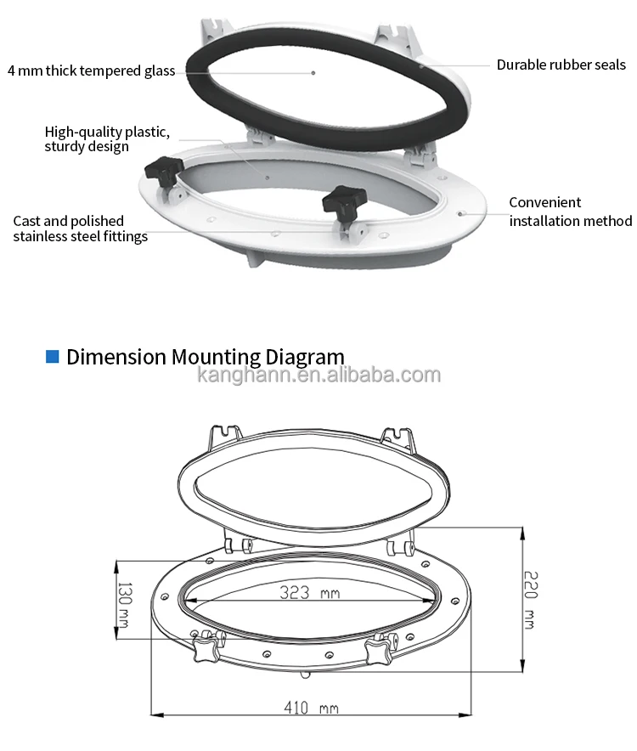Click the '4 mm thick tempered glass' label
pos(91,71)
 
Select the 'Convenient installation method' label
pos(570,212)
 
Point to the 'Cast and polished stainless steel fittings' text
pos(80,229)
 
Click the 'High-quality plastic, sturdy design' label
pos(107,138)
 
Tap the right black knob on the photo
pos(341,200)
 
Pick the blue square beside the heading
pos(52,356)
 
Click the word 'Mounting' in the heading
pos(215,356)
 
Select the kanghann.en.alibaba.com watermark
pos(318,375)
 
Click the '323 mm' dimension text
pos(309,593)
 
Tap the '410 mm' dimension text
pos(312,708)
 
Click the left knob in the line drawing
pos(206,650)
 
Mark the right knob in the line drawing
pos(378,652)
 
